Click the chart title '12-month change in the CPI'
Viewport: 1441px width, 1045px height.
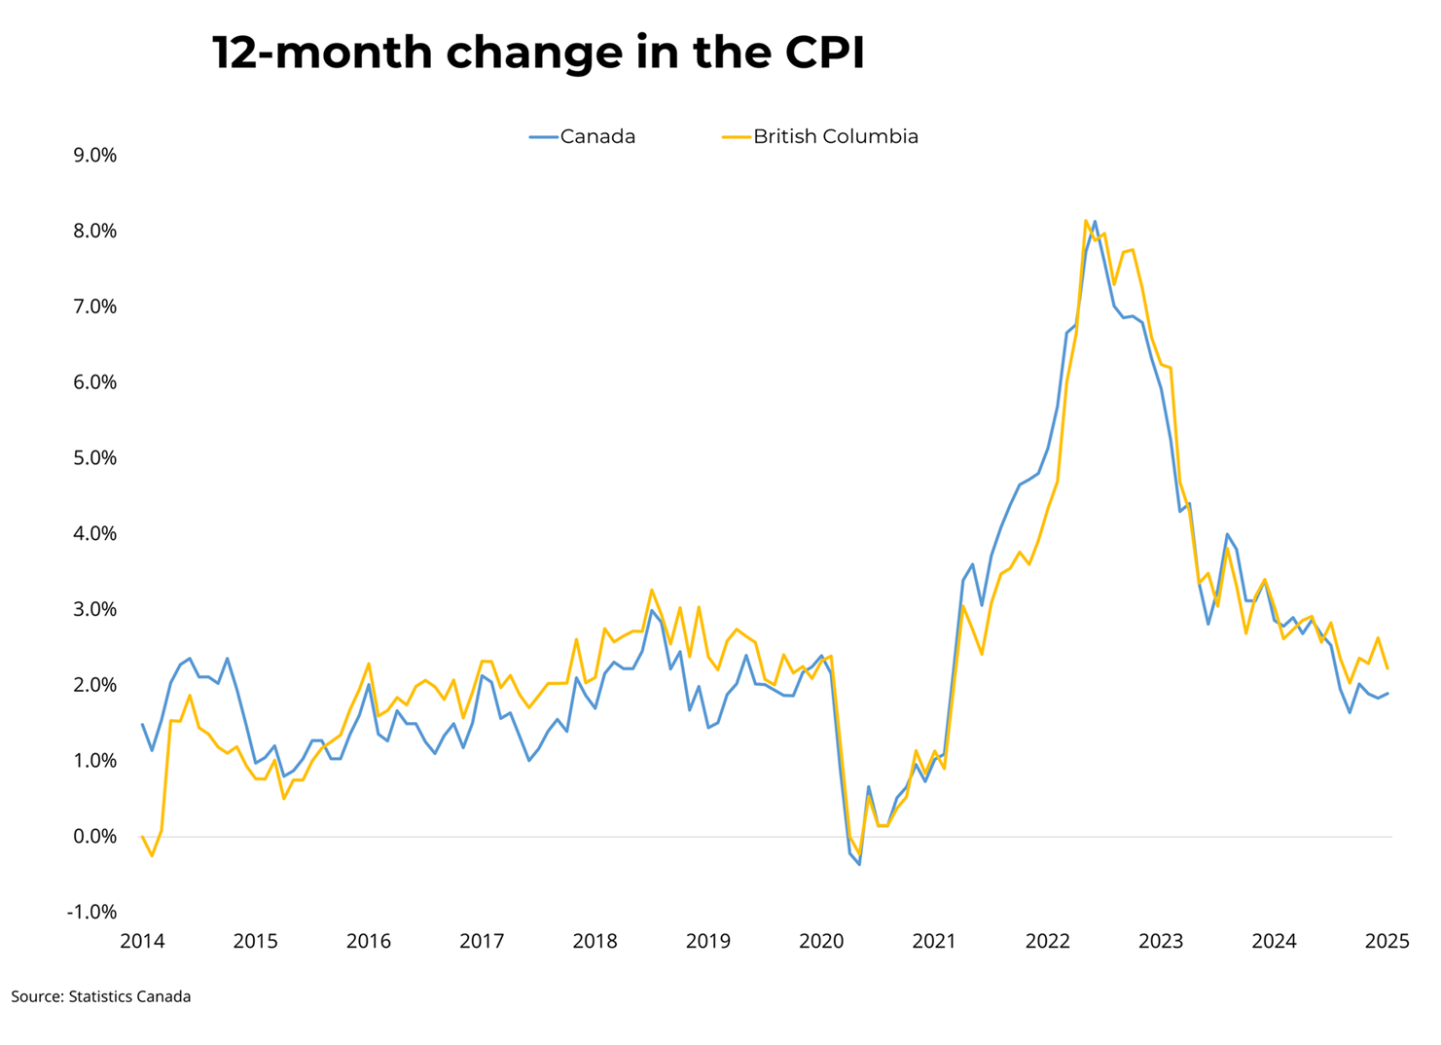coord(538,53)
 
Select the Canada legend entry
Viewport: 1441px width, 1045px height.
coord(583,137)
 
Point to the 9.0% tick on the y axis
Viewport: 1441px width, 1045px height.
coord(94,156)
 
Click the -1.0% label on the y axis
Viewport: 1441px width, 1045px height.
coord(91,913)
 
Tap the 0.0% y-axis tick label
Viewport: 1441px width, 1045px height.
coord(94,837)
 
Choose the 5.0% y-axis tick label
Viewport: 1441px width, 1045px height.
coord(94,458)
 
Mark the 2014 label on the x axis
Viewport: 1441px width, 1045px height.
coord(142,942)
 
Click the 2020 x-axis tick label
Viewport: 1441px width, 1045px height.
coord(821,942)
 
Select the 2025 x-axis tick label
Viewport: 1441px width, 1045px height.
coord(1387,942)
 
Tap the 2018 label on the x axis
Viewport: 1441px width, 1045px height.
coord(594,942)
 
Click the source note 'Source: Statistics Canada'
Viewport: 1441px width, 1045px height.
coord(101,997)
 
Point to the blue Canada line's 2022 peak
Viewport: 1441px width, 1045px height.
coord(1095,222)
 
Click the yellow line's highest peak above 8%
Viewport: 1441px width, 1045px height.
coord(1086,221)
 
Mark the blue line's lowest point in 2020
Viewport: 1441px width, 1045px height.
coord(859,864)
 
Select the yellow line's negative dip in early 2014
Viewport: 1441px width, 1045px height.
coord(152,855)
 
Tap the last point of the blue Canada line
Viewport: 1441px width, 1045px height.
coord(1387,694)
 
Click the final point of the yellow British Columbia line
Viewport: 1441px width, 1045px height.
coord(1387,668)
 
